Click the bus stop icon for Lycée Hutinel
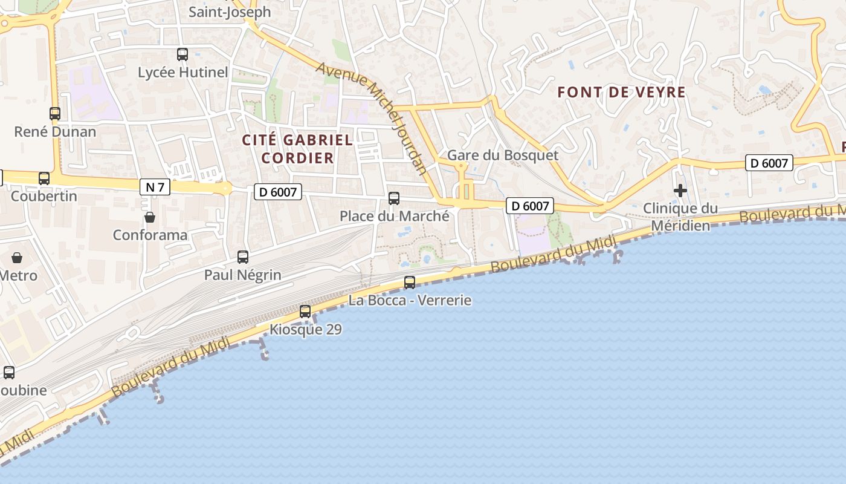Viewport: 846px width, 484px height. click(182, 54)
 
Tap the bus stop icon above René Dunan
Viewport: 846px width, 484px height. click(55, 113)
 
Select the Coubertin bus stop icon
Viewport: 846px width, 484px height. click(44, 178)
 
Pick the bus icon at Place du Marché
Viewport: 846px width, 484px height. click(394, 198)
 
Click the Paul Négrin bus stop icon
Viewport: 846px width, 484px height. click(243, 257)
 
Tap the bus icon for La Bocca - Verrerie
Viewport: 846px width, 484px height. click(410, 282)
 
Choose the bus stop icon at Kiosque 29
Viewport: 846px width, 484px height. click(305, 312)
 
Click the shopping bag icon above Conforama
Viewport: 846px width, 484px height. click(150, 217)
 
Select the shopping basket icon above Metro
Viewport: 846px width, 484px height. click(17, 258)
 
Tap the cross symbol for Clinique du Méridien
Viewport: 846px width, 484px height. click(680, 191)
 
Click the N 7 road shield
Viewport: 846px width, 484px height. click(155, 187)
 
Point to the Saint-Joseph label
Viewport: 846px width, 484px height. click(230, 12)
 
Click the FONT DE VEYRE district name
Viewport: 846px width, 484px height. click(621, 93)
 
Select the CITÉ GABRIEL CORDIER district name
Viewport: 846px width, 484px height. click(297, 149)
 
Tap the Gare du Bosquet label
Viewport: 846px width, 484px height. click(503, 155)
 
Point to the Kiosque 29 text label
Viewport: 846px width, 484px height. click(305, 330)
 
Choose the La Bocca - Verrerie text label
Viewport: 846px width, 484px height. click(410, 300)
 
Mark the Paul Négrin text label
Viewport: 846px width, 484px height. click(243, 275)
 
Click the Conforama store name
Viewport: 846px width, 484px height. click(150, 235)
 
